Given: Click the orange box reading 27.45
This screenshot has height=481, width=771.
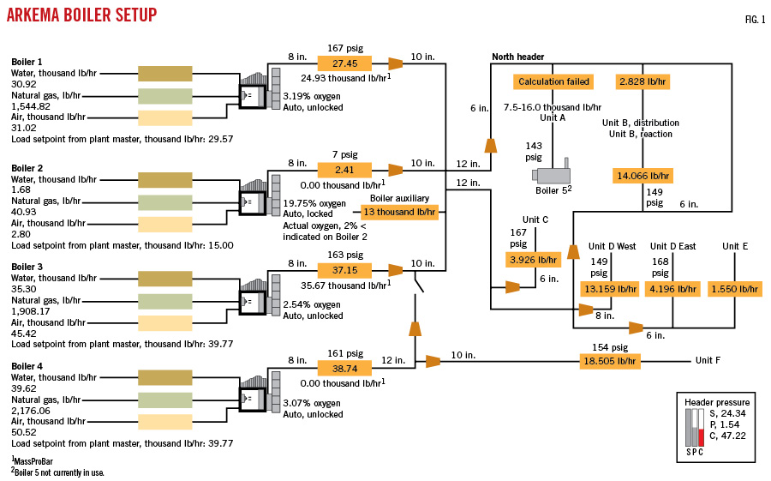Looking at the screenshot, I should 345,63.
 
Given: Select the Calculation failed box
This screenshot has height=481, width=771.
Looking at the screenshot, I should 553,81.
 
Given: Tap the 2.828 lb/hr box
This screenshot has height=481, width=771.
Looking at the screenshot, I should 642,81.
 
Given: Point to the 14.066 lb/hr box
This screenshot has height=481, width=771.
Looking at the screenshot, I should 642,176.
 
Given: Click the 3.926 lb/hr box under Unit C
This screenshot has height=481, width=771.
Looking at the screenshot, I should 533,259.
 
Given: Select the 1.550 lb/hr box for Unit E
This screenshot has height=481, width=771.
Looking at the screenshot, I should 734,289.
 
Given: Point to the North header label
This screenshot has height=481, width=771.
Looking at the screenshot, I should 517,57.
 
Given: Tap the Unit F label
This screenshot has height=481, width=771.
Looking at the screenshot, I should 708,361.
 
